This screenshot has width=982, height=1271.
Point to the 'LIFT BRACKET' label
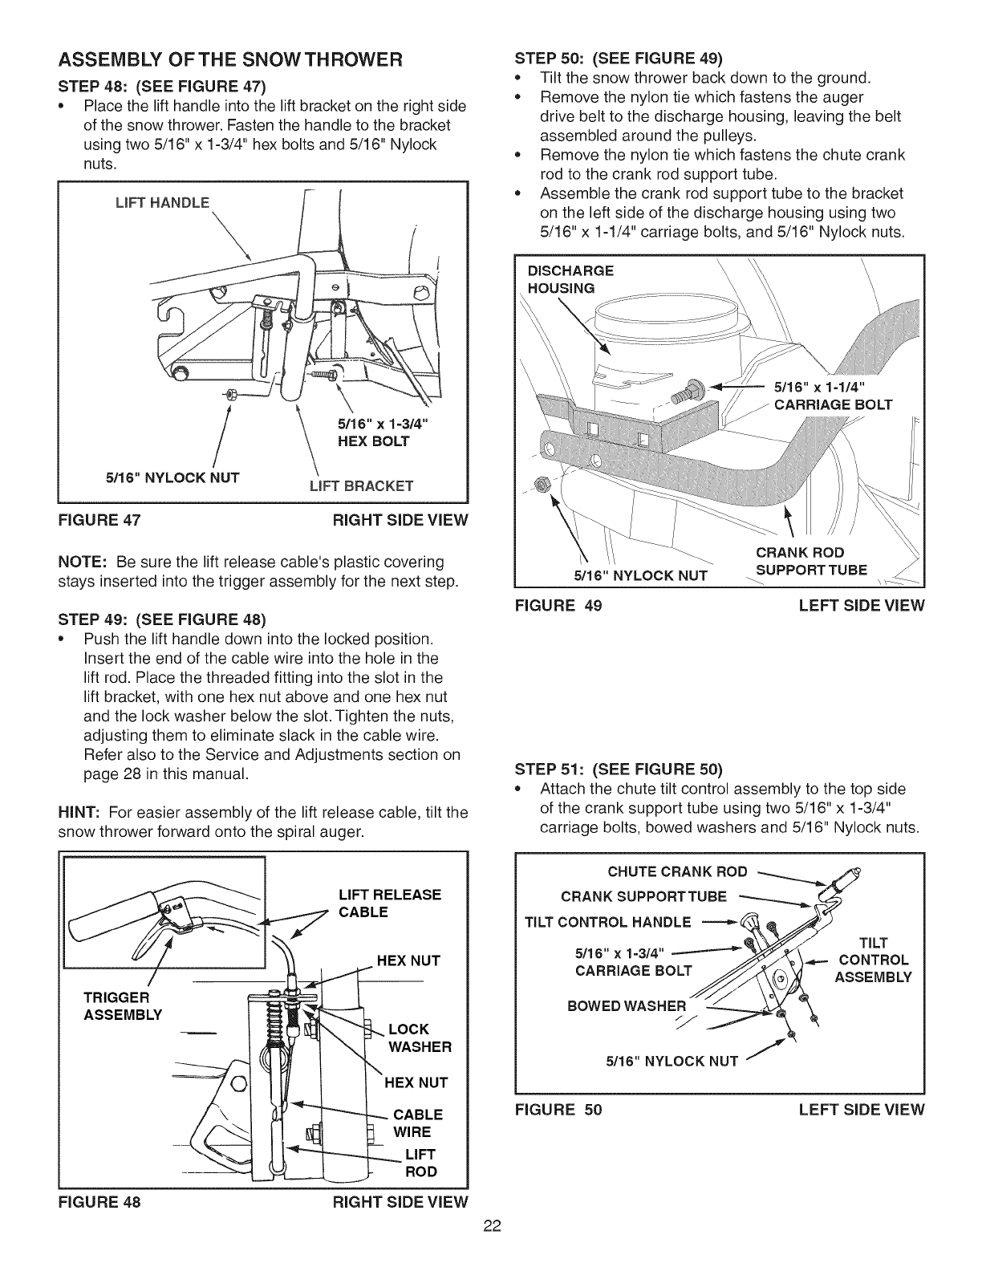pyautogui.click(x=360, y=485)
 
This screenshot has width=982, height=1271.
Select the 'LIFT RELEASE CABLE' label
pyautogui.click(x=390, y=904)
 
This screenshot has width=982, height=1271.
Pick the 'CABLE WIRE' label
pyautogui.click(x=417, y=1123)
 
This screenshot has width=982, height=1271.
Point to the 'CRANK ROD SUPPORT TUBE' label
pyautogui.click(x=800, y=562)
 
